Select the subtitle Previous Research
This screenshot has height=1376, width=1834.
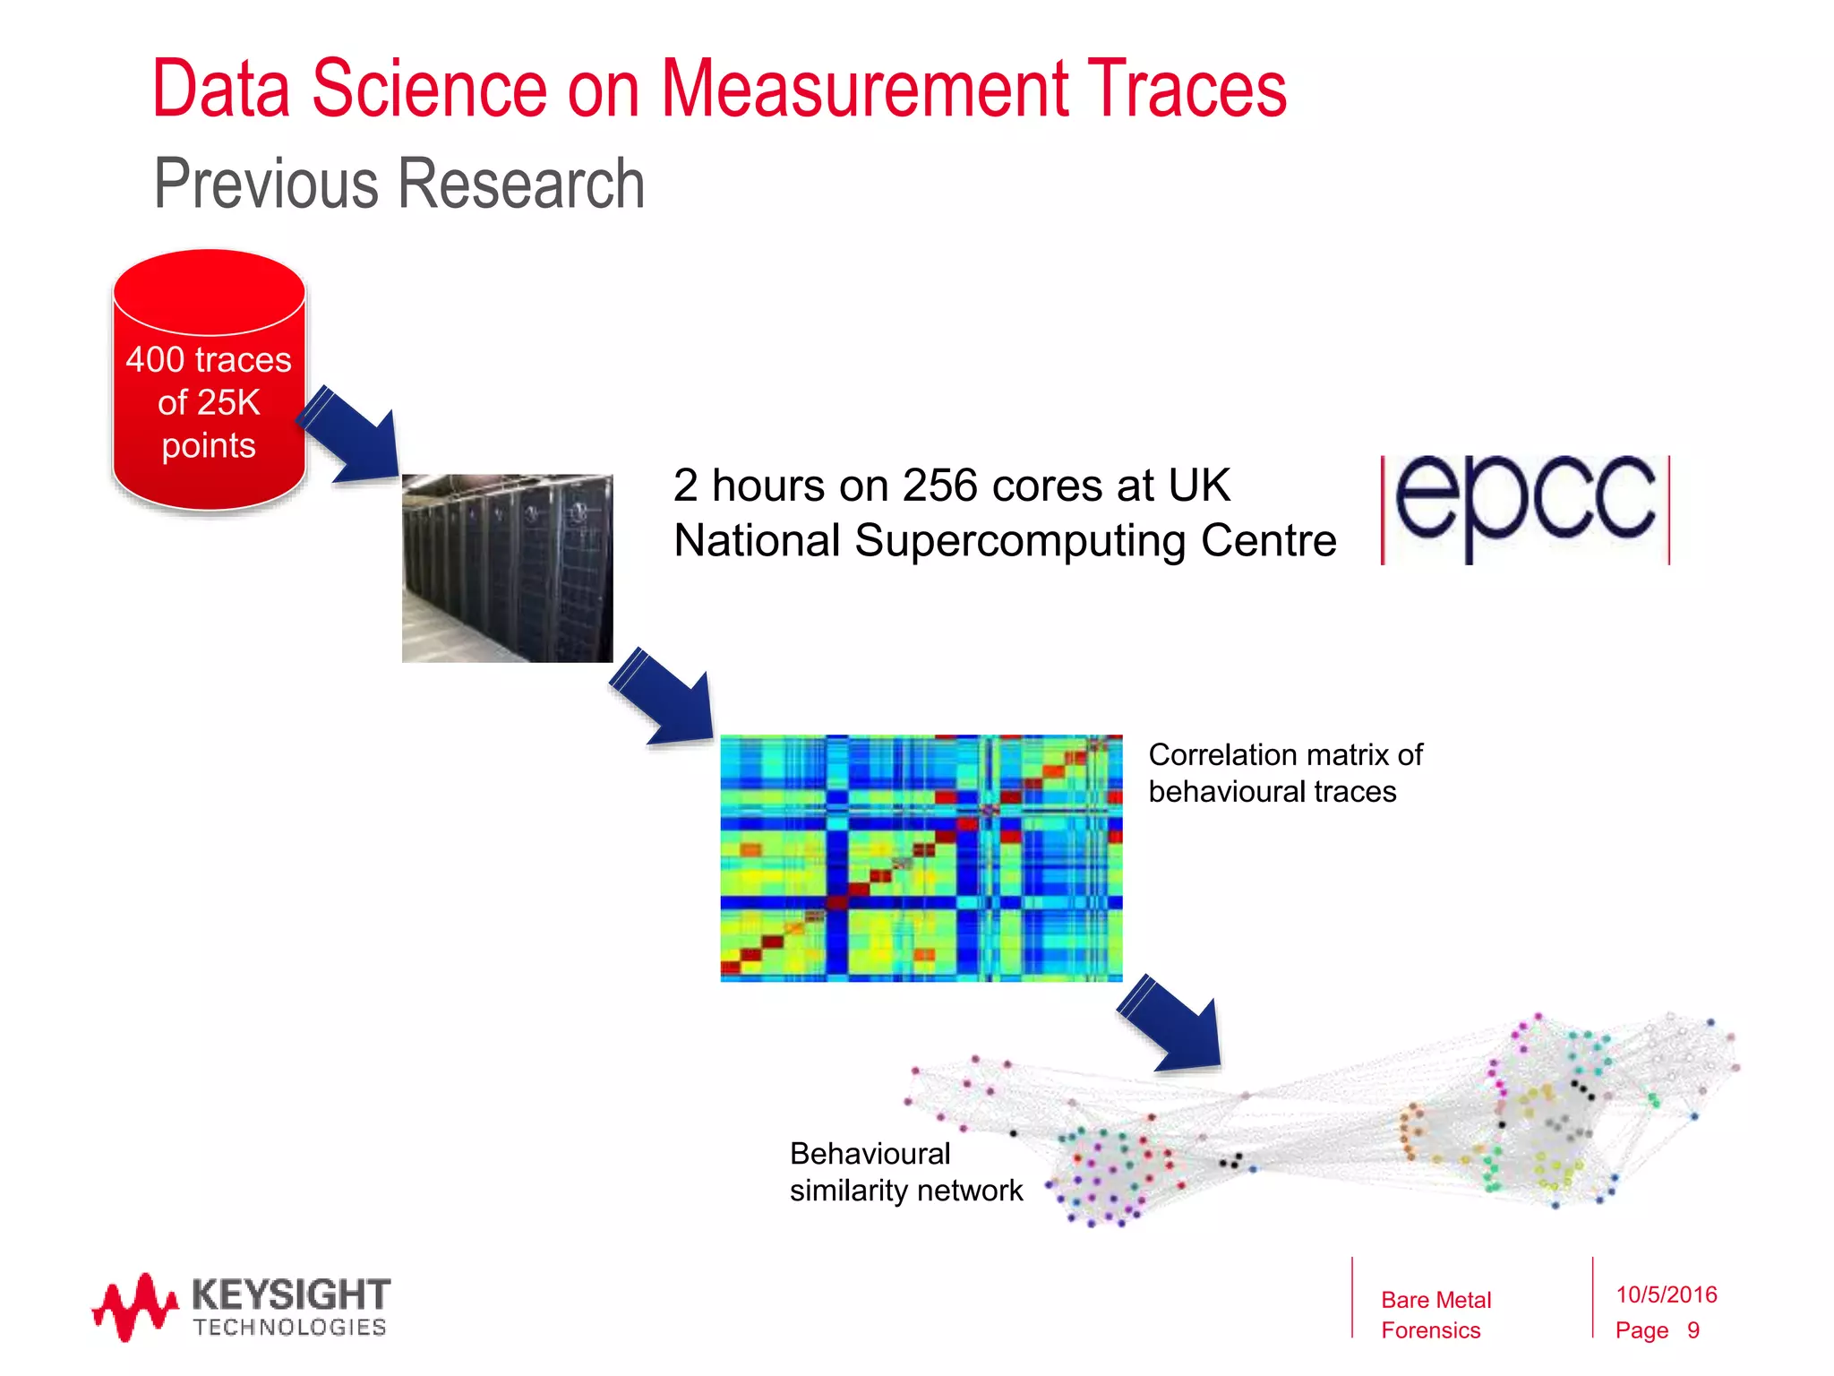tap(399, 184)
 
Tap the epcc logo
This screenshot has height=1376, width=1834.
tap(1525, 508)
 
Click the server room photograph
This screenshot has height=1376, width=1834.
tap(507, 568)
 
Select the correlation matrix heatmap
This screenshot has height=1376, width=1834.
tap(921, 858)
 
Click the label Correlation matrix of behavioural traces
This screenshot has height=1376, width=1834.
tap(1284, 772)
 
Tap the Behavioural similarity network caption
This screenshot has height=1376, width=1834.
tap(904, 1172)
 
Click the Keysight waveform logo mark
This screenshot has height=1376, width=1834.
tap(134, 1307)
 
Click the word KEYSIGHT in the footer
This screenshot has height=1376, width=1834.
tap(290, 1294)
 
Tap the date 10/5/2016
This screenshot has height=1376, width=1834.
tap(1666, 1294)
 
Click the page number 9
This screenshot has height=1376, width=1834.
tap(1693, 1330)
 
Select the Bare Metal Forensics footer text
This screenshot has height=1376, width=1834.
tap(1435, 1314)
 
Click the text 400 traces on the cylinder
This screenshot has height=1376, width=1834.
tap(209, 360)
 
